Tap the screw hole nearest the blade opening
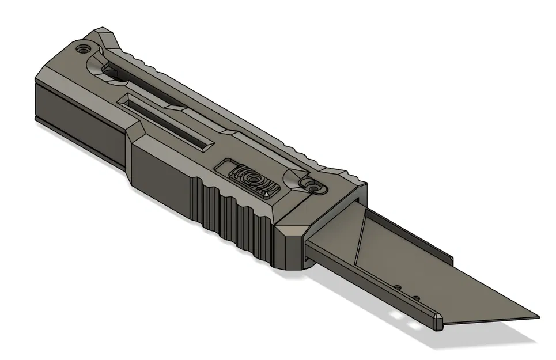(x=312, y=187)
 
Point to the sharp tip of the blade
(x=538, y=317)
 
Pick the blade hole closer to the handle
(x=397, y=286)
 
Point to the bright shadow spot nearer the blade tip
(x=413, y=327)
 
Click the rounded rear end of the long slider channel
(x=109, y=71)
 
